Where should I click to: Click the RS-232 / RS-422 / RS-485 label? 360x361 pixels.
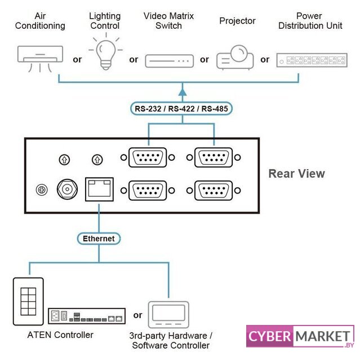point(182,108)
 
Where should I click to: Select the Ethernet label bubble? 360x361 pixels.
point(99,238)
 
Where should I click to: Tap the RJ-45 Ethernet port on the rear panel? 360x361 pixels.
point(99,189)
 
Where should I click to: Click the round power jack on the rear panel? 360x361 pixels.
point(68,190)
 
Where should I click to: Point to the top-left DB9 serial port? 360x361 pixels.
point(148,157)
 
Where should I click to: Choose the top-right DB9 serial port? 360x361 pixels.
point(214,157)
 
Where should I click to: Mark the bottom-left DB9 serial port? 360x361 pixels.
point(148,190)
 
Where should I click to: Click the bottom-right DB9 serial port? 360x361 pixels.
point(214,190)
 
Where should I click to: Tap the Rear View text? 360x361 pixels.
point(296,173)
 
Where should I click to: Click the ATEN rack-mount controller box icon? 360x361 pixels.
point(86,316)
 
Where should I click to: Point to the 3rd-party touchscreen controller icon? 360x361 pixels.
point(168,313)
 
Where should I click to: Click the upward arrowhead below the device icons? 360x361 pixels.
point(182,89)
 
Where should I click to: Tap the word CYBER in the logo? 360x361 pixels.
point(270,337)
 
